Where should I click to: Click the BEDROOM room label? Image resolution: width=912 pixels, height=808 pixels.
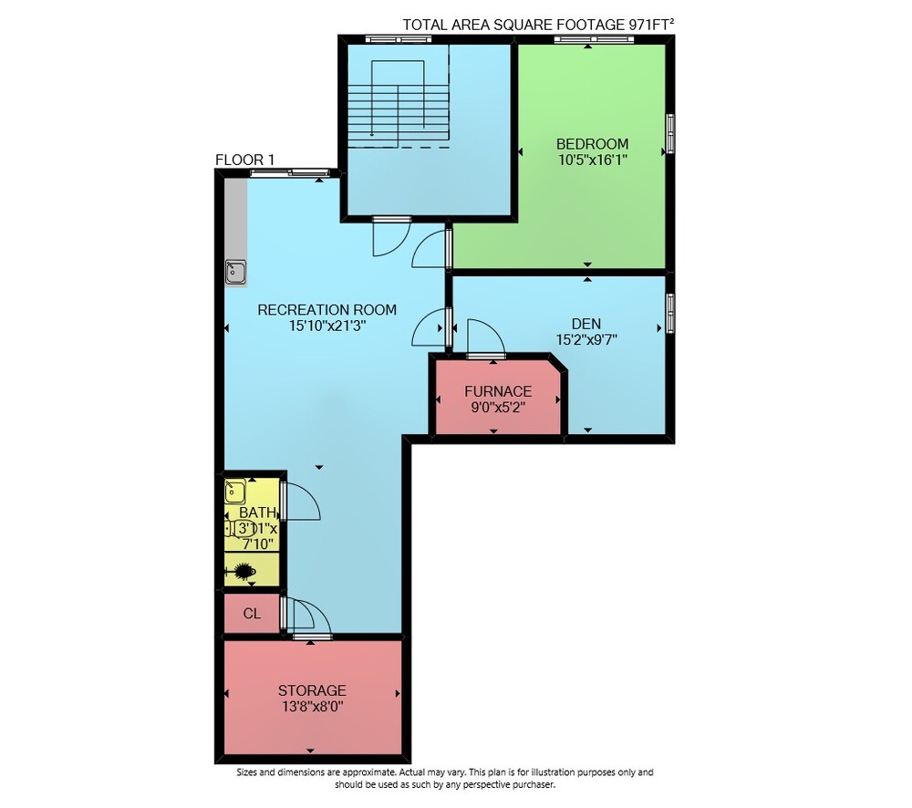pos(592,144)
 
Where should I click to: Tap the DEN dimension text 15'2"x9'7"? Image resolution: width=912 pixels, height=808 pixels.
pos(586,340)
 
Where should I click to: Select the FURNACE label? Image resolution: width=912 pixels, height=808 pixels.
pos(498,391)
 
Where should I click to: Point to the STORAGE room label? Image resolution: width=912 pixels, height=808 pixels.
pos(312,690)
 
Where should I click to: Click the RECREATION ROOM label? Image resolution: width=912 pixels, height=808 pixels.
pos(326,310)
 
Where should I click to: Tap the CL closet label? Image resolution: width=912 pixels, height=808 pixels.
pos(252,614)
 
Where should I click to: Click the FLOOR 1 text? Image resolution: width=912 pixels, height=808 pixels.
pos(244,160)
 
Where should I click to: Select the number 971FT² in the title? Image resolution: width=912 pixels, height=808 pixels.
pos(651,25)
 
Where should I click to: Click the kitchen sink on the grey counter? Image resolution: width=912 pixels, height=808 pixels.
pos(235,272)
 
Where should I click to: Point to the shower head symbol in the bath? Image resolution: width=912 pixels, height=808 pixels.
pos(244,571)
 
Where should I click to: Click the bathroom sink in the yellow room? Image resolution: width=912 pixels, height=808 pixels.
pos(235,492)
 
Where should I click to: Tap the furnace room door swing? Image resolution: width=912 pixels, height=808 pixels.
pos(486,337)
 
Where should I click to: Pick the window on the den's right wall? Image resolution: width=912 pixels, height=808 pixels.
pos(670,314)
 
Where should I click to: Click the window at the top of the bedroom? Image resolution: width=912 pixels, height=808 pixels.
pos(594,39)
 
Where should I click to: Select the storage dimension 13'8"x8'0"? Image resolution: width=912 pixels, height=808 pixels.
pos(312,707)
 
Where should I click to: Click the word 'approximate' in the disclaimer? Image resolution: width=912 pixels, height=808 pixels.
pos(367,772)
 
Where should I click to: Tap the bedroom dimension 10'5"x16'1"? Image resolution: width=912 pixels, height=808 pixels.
pos(592,160)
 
